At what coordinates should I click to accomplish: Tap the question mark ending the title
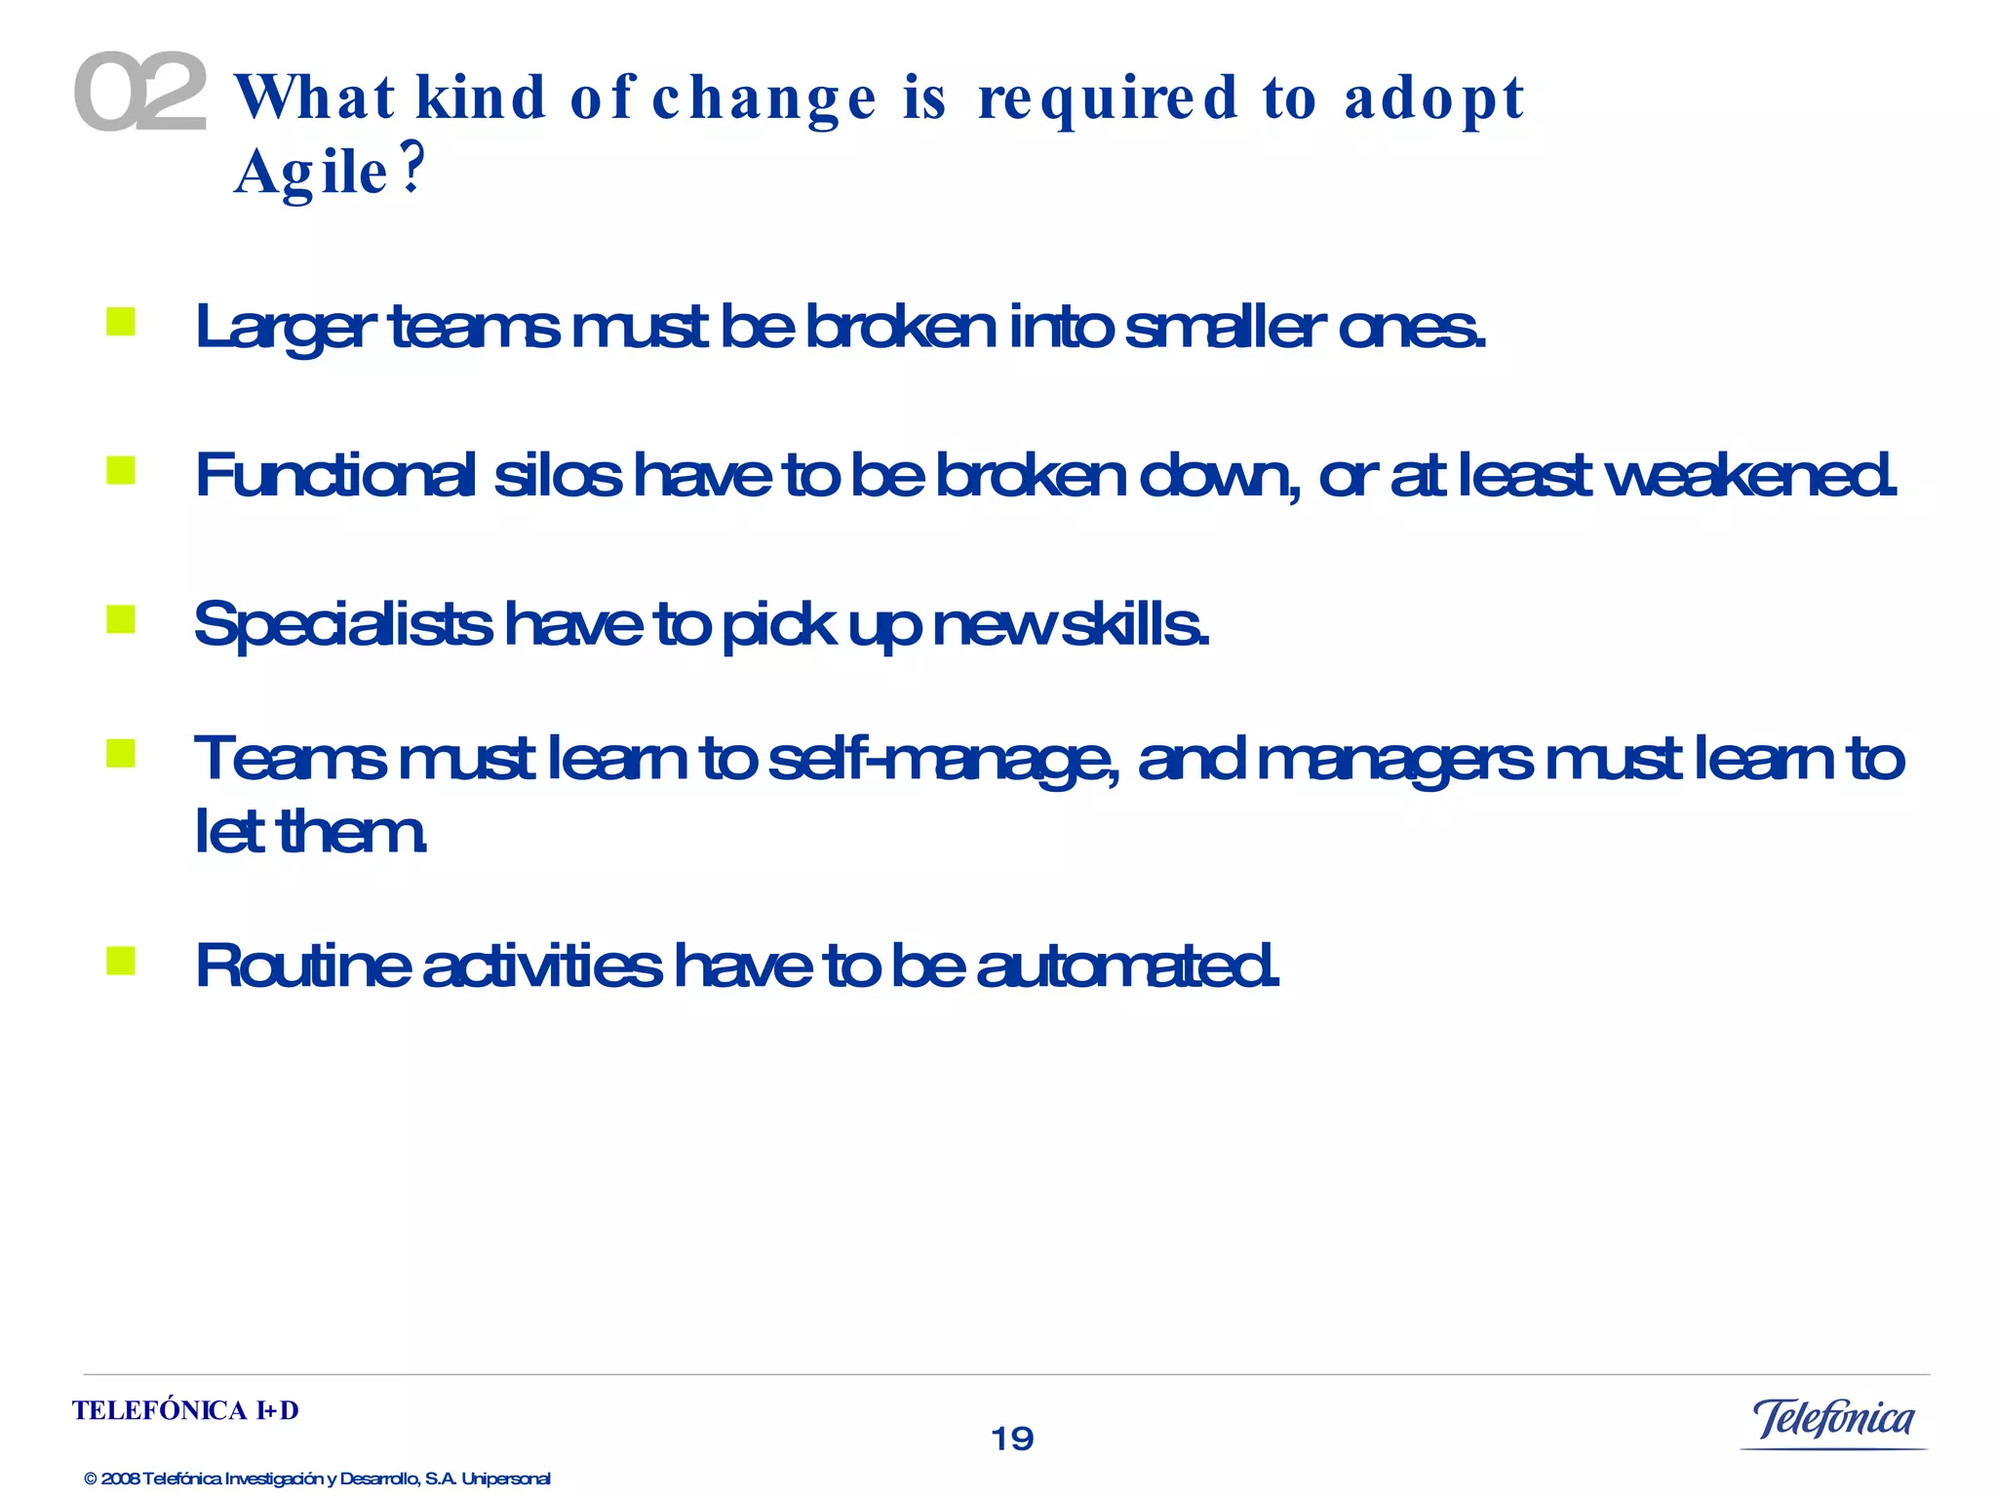(413, 168)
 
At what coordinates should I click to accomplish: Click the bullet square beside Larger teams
(121, 322)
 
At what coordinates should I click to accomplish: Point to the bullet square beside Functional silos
(121, 471)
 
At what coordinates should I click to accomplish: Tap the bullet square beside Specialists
(121, 619)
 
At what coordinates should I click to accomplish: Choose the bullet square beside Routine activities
(121, 961)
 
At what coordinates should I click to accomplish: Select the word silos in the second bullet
(557, 476)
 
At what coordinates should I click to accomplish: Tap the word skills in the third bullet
(1135, 624)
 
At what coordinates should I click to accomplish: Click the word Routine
(302, 966)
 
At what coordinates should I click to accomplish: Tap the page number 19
(1012, 1439)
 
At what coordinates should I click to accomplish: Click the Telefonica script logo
(1833, 1420)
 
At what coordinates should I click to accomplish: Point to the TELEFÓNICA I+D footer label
(185, 1411)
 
